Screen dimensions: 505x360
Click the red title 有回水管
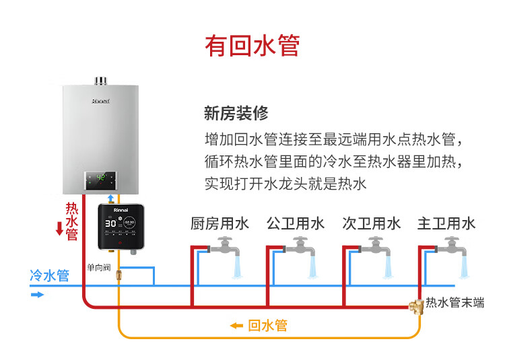pyautogui.click(x=252, y=46)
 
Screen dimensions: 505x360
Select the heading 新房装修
pyautogui.click(x=236, y=113)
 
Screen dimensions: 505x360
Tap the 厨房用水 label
pyautogui.click(x=220, y=223)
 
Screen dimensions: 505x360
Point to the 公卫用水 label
pyautogui.click(x=296, y=223)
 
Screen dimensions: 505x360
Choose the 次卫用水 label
pyautogui.click(x=371, y=223)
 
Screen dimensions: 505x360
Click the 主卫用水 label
pyautogui.click(x=446, y=223)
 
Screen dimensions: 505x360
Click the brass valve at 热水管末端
pyautogui.click(x=416, y=307)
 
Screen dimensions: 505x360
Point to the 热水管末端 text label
pyautogui.click(x=454, y=303)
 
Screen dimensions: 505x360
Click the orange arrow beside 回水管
pyautogui.click(x=236, y=326)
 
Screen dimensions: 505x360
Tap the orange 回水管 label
pyautogui.click(x=267, y=326)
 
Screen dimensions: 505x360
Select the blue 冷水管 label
pyautogui.click(x=50, y=276)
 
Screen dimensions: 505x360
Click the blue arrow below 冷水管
pyautogui.click(x=37, y=295)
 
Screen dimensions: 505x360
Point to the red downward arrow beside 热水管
pyautogui.click(x=59, y=228)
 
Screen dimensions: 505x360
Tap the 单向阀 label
pyautogui.click(x=98, y=267)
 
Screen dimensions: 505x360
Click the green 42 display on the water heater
pyautogui.click(x=101, y=177)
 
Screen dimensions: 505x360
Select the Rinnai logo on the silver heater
pyautogui.click(x=101, y=101)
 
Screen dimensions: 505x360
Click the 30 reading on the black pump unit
pyautogui.click(x=110, y=223)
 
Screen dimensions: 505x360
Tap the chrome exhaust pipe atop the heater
pyautogui.click(x=100, y=81)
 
